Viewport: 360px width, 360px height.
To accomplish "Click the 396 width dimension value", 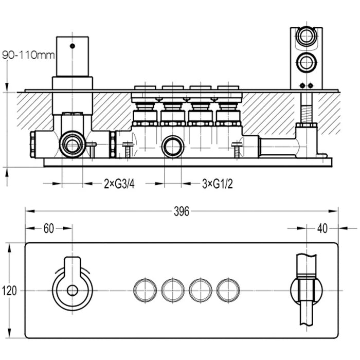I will coord(182,211).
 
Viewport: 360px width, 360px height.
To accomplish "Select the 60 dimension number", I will coord(48,229).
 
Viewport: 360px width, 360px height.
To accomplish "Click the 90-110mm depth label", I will coord(28,55).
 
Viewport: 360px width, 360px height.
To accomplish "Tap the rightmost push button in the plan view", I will coord(228,290).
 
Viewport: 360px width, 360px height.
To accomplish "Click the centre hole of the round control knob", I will coord(73,290).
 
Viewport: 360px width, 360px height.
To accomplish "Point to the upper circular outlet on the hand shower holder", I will coord(308,38).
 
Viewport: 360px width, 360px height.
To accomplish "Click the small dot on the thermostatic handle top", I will coord(73,46).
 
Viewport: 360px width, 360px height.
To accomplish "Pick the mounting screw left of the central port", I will coord(128,150).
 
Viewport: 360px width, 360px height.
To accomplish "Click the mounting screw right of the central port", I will coord(236,150).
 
